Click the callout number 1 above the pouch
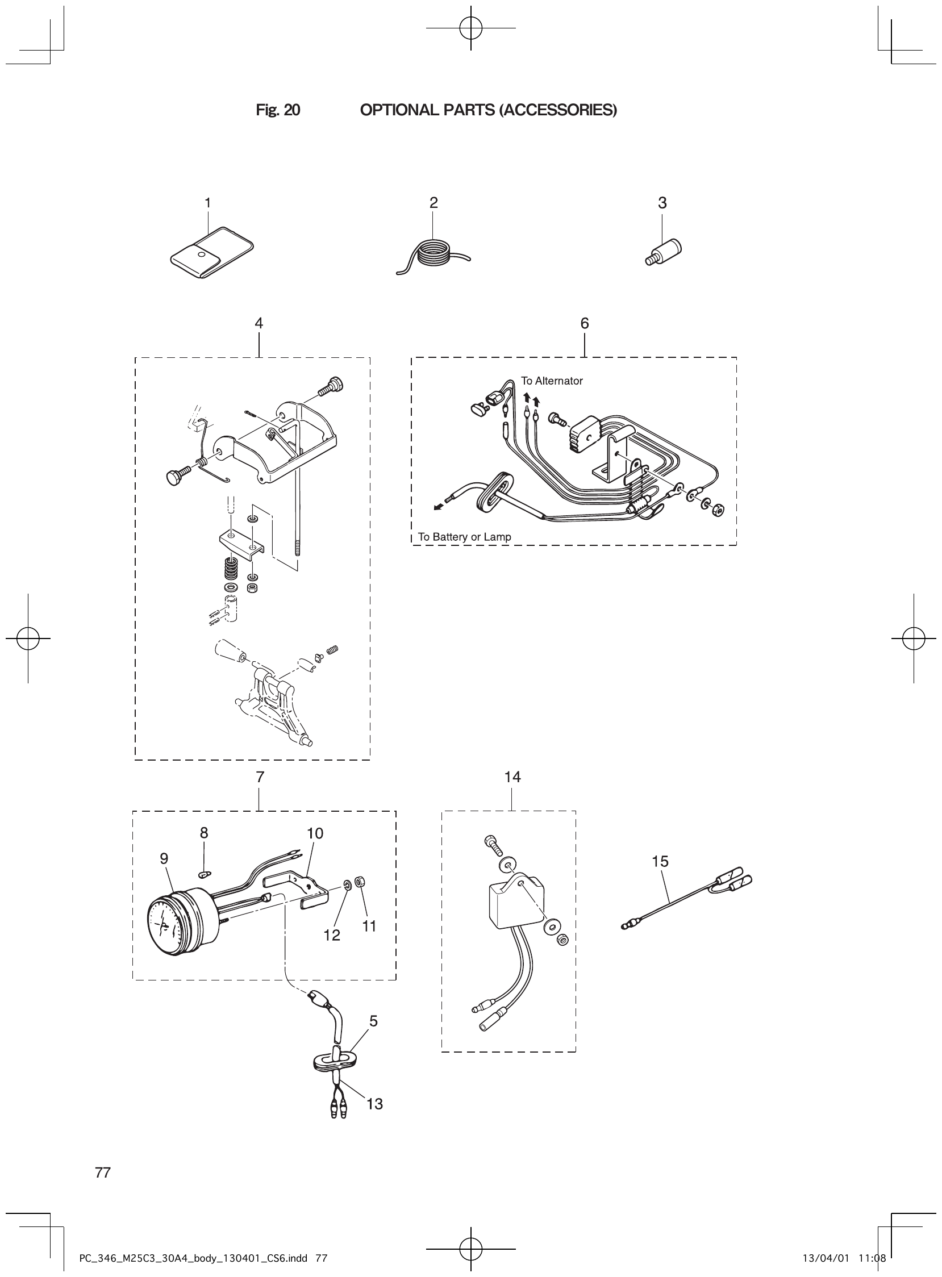click(207, 203)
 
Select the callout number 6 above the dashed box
click(585, 324)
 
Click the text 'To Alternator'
click(552, 381)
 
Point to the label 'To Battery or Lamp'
click(464, 536)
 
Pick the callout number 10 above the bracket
click(315, 833)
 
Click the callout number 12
click(331, 935)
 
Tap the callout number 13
click(374, 1104)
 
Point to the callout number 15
click(660, 861)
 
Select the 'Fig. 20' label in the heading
click(278, 110)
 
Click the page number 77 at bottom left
click(103, 1172)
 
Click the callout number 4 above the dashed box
click(259, 324)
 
